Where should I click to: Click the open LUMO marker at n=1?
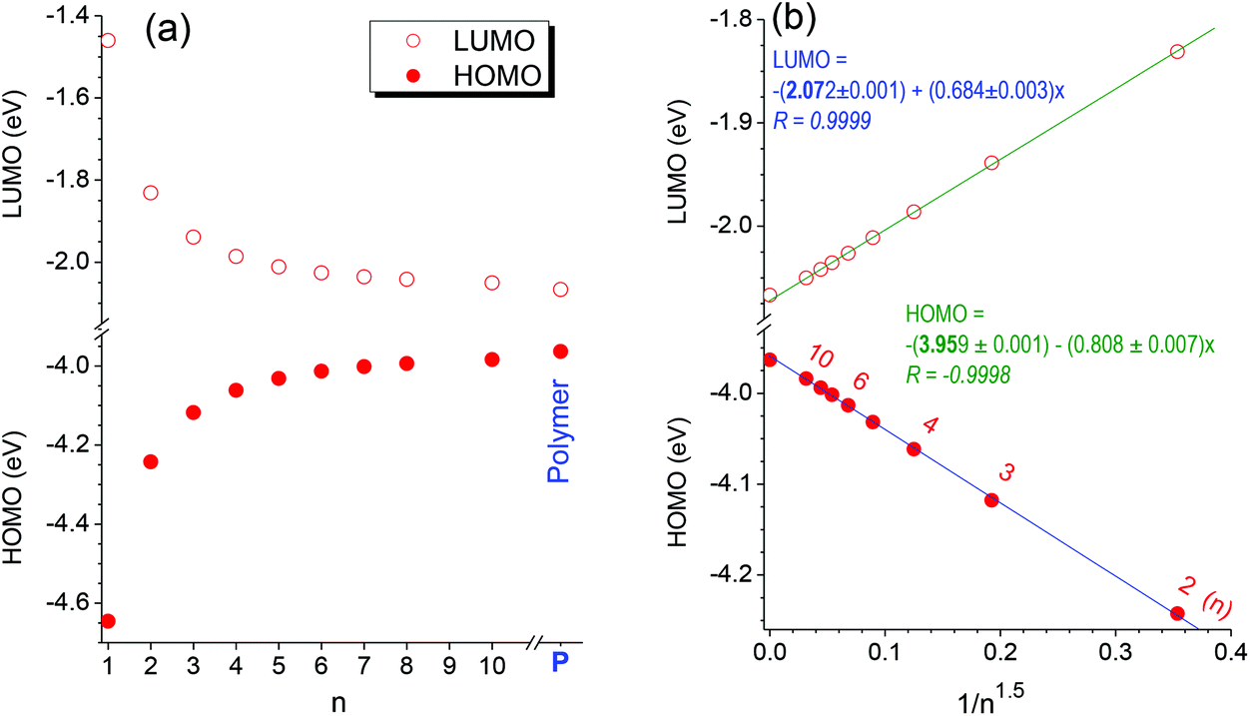(x=108, y=40)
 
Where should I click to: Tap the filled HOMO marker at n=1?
(x=108, y=621)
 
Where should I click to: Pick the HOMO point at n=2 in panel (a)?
(x=151, y=461)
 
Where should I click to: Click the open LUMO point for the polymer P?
(x=560, y=290)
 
